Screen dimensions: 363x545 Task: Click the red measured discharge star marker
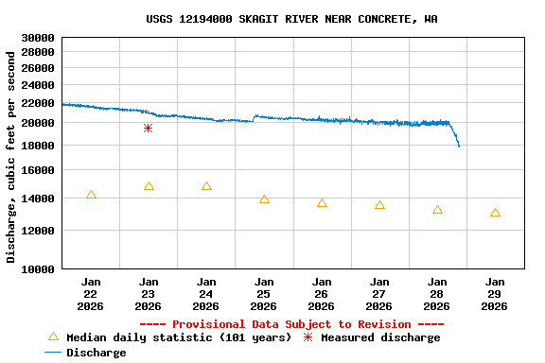pos(148,128)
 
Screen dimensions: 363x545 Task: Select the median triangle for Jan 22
pos(91,195)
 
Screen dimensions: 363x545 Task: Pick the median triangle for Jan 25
pos(264,199)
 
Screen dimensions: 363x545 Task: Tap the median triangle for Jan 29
pos(495,213)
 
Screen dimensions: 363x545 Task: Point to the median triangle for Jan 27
pos(379,205)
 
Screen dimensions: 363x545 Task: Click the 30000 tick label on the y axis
pos(38,38)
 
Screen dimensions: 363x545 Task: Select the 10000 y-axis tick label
pos(38,268)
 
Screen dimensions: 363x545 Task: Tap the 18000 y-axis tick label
pos(38,145)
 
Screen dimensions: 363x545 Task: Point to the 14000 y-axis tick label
pos(38,199)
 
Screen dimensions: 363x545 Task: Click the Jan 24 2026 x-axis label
pos(205,293)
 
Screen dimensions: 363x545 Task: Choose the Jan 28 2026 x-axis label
pos(436,293)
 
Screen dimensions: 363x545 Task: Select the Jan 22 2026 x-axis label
pos(91,293)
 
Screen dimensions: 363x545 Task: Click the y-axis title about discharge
pos(11,157)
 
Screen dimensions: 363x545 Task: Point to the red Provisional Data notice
pos(298,324)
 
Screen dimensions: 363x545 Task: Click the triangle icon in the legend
pos(53,337)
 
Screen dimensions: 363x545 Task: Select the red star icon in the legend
pos(308,337)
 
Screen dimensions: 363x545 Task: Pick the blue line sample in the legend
pos(53,353)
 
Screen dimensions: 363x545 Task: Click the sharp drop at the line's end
pos(456,137)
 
